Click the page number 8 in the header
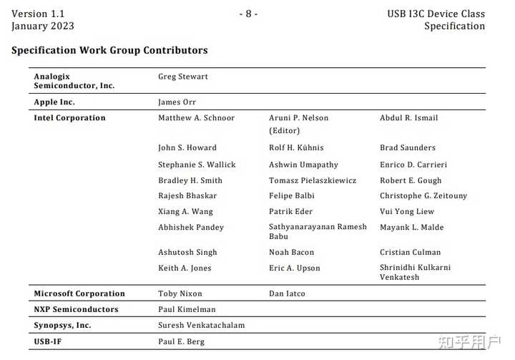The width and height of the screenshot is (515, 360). coord(248,14)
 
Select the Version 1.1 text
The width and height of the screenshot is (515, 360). coord(38,14)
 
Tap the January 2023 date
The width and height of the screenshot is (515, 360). coord(43,26)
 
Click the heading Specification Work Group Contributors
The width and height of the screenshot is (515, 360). coord(109,51)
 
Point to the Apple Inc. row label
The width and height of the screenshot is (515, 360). coord(54,102)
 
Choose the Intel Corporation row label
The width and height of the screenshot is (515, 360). coord(69,118)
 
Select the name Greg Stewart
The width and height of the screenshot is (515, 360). coord(183,77)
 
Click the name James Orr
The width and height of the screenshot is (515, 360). coord(177,102)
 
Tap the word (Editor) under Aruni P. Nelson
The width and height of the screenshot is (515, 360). coord(284,131)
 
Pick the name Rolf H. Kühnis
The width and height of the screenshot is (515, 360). coord(296,148)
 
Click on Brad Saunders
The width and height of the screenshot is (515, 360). coord(408,148)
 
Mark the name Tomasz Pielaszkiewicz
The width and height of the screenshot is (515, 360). coord(313,180)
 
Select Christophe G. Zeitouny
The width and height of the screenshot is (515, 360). coord(423,196)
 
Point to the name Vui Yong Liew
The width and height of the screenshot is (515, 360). coord(407,212)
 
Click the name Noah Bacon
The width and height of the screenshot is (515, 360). coord(291,253)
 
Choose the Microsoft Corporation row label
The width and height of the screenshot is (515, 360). coord(79,293)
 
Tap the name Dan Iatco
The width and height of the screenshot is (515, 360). coord(287,293)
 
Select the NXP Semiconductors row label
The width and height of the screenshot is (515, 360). coord(76,309)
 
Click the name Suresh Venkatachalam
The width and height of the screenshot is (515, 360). coord(201,325)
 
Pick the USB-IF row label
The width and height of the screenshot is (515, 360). coord(49,341)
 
